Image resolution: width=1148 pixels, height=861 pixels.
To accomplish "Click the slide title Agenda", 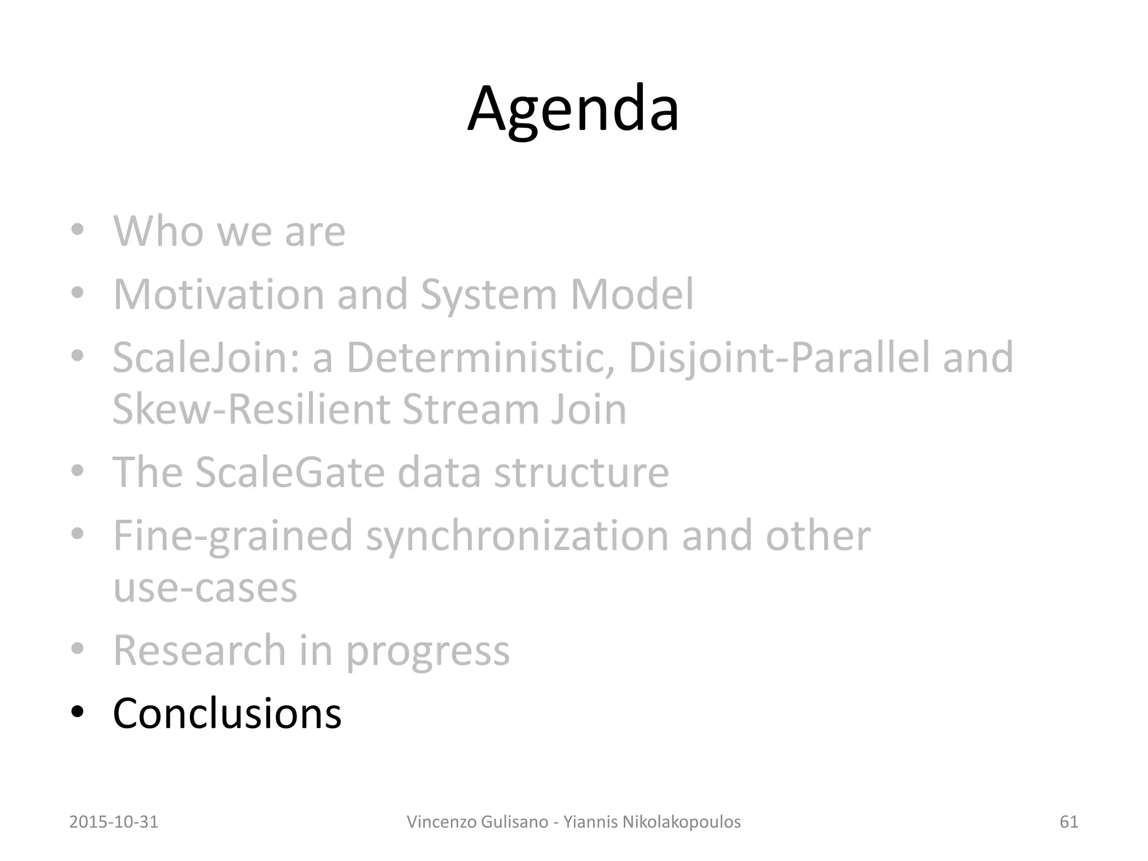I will coord(573,109).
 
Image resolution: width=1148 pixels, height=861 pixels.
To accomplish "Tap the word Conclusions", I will coord(227,713).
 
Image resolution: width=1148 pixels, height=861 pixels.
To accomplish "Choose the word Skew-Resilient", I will coord(251,409).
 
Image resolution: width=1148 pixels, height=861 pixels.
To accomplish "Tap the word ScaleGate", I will coord(290,472).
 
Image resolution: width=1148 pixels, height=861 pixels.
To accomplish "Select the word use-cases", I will coord(205,589).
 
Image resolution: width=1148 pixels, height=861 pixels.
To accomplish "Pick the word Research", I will coord(200,650).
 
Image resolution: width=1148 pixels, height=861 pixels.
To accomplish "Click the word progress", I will coord(427,651).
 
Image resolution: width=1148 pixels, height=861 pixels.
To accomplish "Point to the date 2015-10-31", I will coord(114,822).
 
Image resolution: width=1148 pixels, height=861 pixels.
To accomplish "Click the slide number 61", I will coord(1069,822).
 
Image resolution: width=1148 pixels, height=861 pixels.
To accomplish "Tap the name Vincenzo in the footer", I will coord(441,822).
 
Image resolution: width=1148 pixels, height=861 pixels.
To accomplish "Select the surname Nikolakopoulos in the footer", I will coord(674,822).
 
